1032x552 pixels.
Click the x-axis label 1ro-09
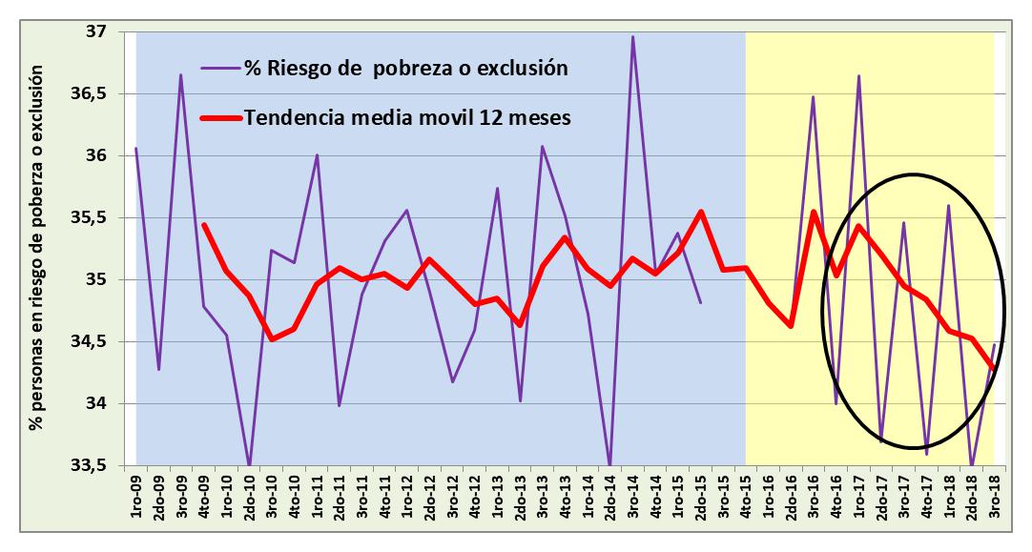click(137, 496)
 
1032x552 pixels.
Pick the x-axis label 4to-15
click(746, 496)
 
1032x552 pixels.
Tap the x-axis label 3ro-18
click(994, 496)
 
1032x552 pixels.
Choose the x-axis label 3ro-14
click(633, 496)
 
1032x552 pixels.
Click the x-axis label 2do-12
click(430, 496)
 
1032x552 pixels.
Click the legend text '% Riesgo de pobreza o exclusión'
click(406, 68)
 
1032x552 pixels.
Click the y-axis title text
click(37, 248)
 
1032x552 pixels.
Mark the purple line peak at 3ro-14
click(633, 37)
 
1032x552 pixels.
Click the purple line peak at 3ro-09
click(181, 75)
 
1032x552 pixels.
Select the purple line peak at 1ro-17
click(858, 76)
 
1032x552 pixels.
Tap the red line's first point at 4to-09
click(204, 225)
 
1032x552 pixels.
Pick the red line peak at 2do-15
click(701, 212)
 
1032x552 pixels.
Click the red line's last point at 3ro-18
click(994, 368)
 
